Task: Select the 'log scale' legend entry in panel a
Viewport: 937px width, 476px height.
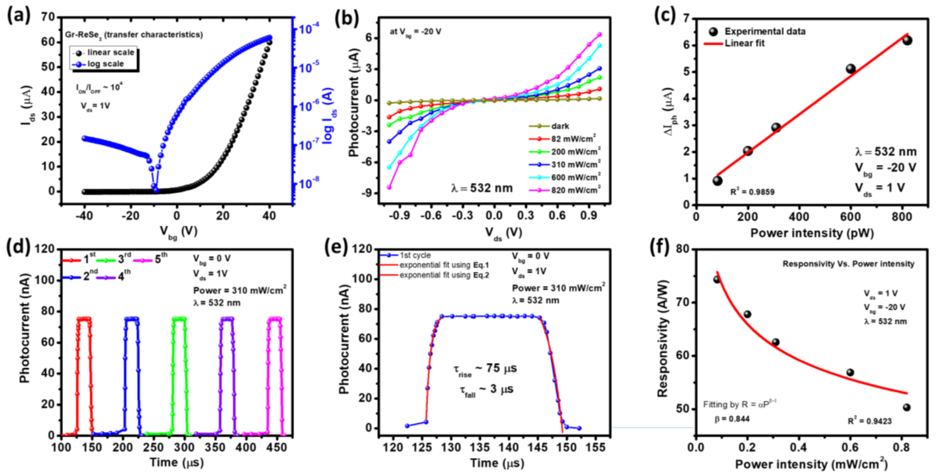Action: click(105, 64)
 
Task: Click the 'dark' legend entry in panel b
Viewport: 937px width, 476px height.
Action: click(560, 126)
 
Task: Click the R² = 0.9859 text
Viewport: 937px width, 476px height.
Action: click(752, 192)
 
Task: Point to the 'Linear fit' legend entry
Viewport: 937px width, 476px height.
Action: click(744, 43)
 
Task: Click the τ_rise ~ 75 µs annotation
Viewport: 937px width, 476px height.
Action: click(485, 369)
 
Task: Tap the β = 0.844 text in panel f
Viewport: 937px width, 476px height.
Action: click(732, 419)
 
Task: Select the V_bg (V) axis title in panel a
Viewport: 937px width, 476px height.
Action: click(178, 232)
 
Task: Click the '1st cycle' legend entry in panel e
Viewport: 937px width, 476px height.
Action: click(415, 256)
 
